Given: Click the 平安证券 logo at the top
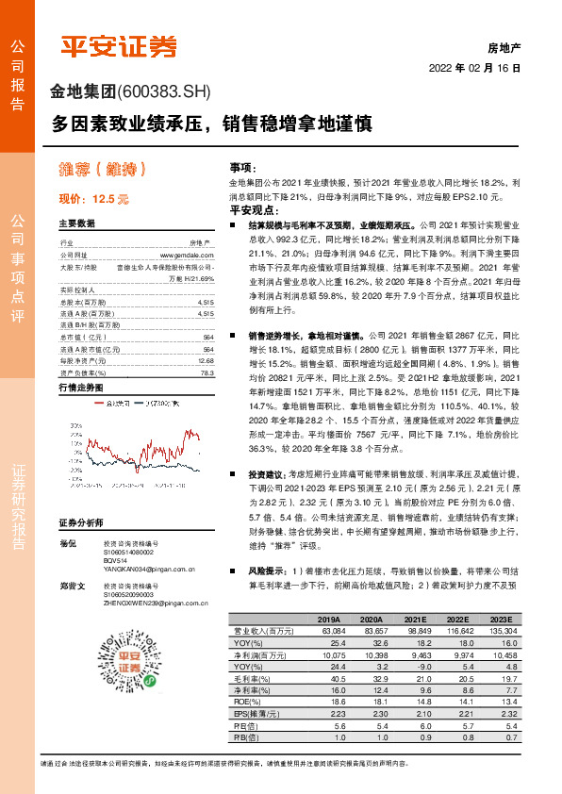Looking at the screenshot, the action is tap(120, 46).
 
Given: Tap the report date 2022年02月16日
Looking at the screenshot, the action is tap(474, 68).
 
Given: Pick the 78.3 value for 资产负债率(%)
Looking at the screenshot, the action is tap(206, 373).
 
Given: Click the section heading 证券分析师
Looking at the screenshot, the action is tap(79, 522).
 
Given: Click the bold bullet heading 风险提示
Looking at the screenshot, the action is tap(266, 571).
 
